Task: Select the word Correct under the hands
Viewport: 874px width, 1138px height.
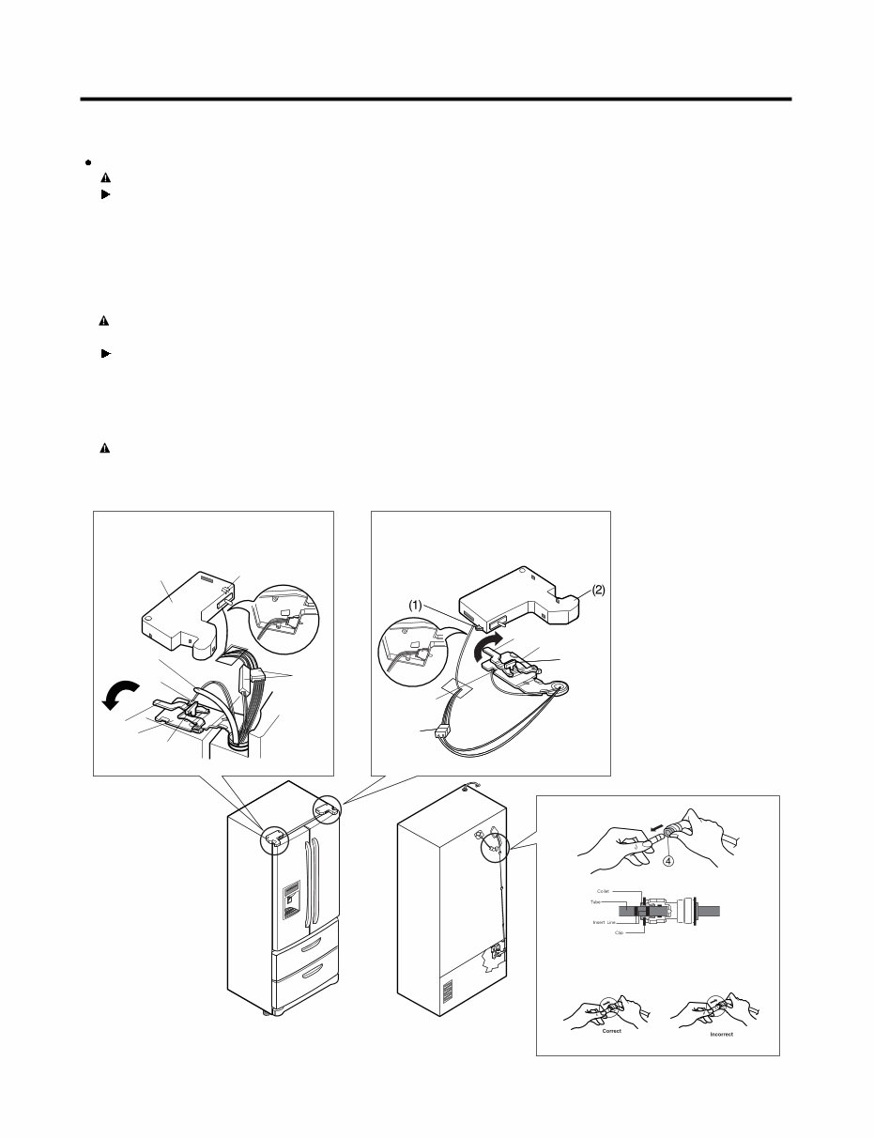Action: click(x=611, y=1031)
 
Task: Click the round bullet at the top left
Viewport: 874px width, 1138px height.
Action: click(x=85, y=161)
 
